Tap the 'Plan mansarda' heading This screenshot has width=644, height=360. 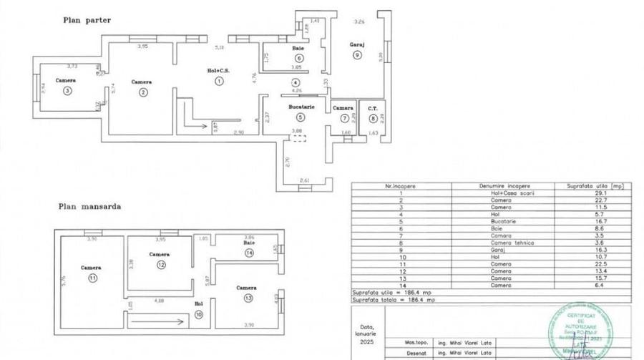(89, 206)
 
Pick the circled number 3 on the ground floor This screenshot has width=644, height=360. (67, 91)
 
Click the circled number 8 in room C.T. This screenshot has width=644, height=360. (372, 118)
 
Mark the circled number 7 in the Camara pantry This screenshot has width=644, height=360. (344, 118)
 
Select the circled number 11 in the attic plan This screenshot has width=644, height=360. (92, 278)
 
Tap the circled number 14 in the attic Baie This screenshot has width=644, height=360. (248, 253)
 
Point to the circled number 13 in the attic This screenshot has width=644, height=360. (247, 298)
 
